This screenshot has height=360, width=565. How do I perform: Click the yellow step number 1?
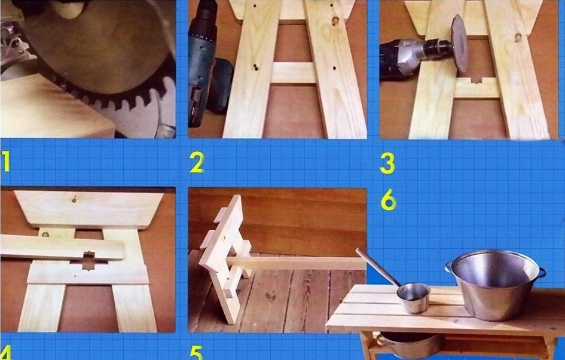[6, 161]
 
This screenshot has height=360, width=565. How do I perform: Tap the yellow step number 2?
[197, 162]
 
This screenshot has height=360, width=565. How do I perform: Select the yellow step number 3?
[387, 163]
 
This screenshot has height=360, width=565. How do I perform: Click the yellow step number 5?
[197, 352]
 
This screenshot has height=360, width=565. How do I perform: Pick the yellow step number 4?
[6, 352]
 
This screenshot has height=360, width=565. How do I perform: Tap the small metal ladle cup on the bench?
[414, 298]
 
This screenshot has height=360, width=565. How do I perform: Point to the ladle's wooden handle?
[377, 267]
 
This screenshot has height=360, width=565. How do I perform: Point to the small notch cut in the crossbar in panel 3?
[477, 80]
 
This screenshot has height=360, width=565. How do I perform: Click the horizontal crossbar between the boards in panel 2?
[294, 73]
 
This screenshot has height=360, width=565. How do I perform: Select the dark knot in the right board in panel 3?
[518, 37]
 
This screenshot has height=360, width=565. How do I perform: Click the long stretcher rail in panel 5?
[296, 264]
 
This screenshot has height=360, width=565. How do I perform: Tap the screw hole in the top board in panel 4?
[74, 199]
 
